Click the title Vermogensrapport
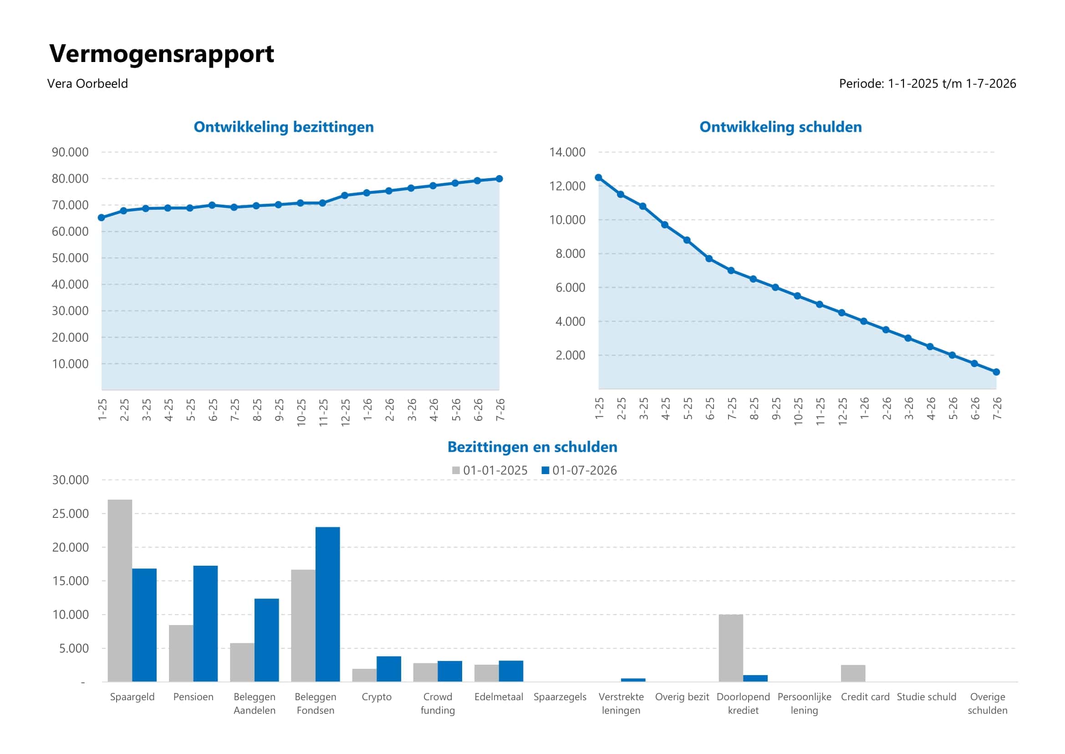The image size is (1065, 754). [x=162, y=54]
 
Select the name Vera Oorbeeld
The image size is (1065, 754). [x=87, y=83]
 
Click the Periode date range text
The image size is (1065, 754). [x=927, y=83]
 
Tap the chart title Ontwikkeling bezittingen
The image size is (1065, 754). [x=283, y=127]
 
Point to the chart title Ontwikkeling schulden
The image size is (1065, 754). [x=780, y=127]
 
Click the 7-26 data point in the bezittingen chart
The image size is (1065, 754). [x=499, y=179]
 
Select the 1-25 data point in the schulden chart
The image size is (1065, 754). [x=598, y=177]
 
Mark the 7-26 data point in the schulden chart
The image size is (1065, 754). [x=996, y=372]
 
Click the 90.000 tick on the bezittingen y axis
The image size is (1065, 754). [x=70, y=152]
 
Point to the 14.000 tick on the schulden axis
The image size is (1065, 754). [x=567, y=152]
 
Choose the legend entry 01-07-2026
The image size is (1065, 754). [x=579, y=470]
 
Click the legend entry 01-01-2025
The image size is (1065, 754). [x=490, y=470]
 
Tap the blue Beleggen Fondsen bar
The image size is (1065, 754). [x=327, y=604]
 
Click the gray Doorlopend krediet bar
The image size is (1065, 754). [x=730, y=648]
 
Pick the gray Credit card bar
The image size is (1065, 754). [x=852, y=673]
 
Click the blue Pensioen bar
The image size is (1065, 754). [x=205, y=624]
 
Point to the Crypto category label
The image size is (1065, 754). [x=377, y=697]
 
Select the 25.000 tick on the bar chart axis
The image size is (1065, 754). [x=70, y=513]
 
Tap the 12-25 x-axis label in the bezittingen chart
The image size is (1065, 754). [x=345, y=412]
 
